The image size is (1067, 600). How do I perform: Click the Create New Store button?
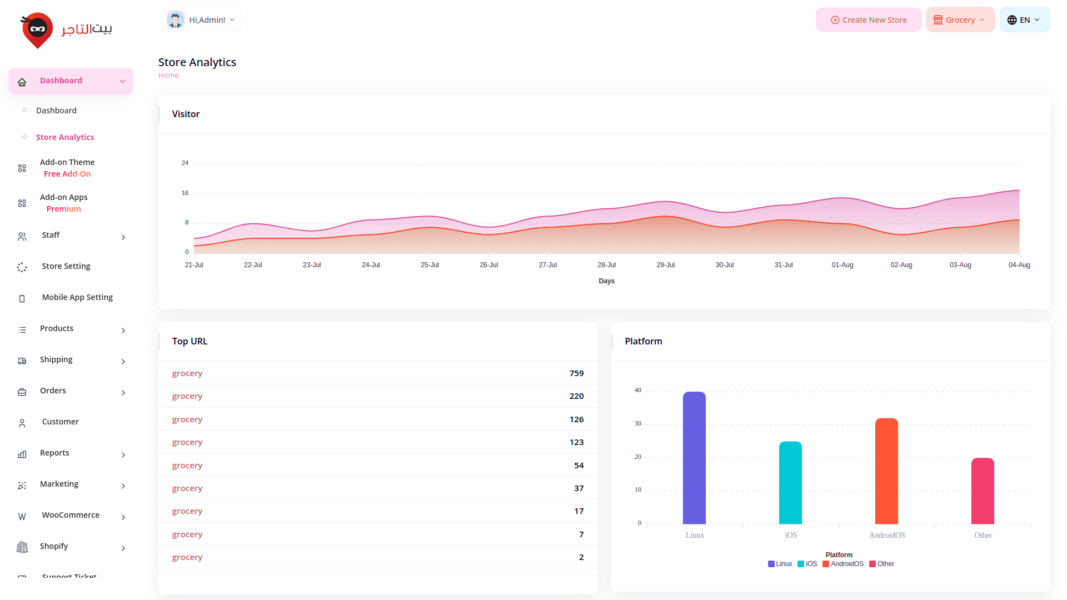(x=869, y=20)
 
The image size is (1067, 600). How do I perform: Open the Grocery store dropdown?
(x=960, y=20)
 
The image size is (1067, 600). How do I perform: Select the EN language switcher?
(x=1024, y=20)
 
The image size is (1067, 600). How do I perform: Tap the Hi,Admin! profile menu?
(x=202, y=20)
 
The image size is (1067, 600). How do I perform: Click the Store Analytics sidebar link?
(x=65, y=137)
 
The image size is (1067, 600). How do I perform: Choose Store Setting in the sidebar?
(x=66, y=266)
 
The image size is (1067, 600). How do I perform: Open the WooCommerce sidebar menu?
(x=71, y=515)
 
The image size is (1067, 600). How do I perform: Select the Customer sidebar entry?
(x=60, y=422)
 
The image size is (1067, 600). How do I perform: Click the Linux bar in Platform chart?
(x=694, y=458)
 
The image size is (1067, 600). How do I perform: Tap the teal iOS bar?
(x=790, y=483)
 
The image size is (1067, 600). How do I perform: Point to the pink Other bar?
(x=983, y=491)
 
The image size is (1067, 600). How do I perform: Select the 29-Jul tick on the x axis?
(x=666, y=265)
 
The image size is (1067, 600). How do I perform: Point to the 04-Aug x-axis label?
(x=1019, y=265)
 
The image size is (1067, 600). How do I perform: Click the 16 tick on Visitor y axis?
(x=185, y=193)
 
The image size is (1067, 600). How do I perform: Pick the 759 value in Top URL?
(x=576, y=373)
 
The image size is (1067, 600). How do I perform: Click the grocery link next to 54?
(x=187, y=466)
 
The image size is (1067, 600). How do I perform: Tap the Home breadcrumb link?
(x=168, y=76)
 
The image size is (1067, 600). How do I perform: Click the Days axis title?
(x=606, y=281)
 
